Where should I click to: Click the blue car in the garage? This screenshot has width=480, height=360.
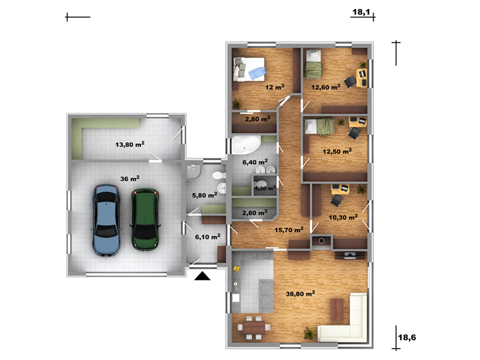pyautogui.click(x=106, y=220)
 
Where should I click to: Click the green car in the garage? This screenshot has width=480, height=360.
pyautogui.click(x=145, y=220)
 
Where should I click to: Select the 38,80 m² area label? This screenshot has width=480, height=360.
pyautogui.click(x=301, y=293)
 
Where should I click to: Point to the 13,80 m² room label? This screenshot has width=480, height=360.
pyautogui.click(x=130, y=144)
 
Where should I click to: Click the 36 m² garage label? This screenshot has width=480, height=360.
pyautogui.click(x=130, y=178)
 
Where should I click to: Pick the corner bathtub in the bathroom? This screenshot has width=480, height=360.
pyautogui.click(x=246, y=145)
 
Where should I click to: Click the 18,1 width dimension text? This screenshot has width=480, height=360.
pyautogui.click(x=361, y=12)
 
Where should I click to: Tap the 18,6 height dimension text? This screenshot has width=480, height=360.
pyautogui.click(x=407, y=337)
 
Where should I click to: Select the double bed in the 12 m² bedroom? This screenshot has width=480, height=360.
pyautogui.click(x=248, y=69)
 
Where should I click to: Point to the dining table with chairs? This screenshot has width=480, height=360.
pyautogui.click(x=254, y=328)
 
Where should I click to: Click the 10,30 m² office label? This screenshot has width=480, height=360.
pyautogui.click(x=343, y=217)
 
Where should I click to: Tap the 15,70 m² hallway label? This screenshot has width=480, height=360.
pyautogui.click(x=289, y=230)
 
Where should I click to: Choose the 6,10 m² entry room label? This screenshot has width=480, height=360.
pyautogui.click(x=208, y=236)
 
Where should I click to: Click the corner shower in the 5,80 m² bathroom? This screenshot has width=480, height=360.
pyautogui.click(x=193, y=172)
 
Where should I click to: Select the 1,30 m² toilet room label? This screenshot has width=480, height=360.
pyautogui.click(x=265, y=188)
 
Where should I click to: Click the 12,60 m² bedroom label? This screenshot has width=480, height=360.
pyautogui.click(x=326, y=87)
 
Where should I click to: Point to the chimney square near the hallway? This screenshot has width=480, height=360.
pyautogui.click(x=322, y=241)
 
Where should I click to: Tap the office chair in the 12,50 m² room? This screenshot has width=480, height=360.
pyautogui.click(x=355, y=133)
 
